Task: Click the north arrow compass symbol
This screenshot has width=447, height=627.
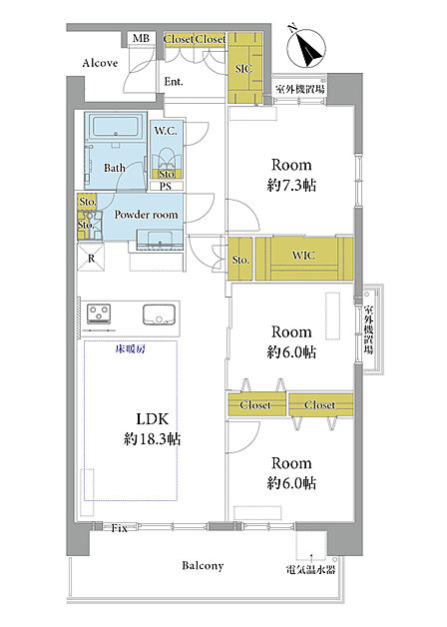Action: [x=306, y=47]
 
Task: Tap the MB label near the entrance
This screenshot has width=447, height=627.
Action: [x=141, y=38]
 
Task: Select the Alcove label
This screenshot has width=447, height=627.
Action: [x=100, y=63]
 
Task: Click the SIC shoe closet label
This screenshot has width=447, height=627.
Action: [x=243, y=68]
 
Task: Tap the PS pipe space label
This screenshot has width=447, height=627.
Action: [x=166, y=187]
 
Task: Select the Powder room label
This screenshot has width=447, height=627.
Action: [x=146, y=215]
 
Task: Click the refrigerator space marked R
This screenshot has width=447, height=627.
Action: [x=91, y=258]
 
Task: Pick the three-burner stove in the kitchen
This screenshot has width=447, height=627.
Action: [x=99, y=313]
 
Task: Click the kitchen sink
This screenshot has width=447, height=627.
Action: [x=159, y=314]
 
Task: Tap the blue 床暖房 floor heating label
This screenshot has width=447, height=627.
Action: [x=131, y=349]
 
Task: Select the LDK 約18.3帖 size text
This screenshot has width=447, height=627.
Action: [x=153, y=428]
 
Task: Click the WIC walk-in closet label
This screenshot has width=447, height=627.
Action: [x=303, y=256]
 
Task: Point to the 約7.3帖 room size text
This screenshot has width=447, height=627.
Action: [x=291, y=185]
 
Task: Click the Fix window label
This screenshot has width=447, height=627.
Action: [x=119, y=528]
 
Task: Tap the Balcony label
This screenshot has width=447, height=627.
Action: [x=203, y=566]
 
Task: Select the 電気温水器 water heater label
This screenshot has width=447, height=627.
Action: [x=310, y=570]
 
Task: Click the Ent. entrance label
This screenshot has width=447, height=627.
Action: [x=174, y=82]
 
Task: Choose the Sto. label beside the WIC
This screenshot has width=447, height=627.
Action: [x=240, y=260]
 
